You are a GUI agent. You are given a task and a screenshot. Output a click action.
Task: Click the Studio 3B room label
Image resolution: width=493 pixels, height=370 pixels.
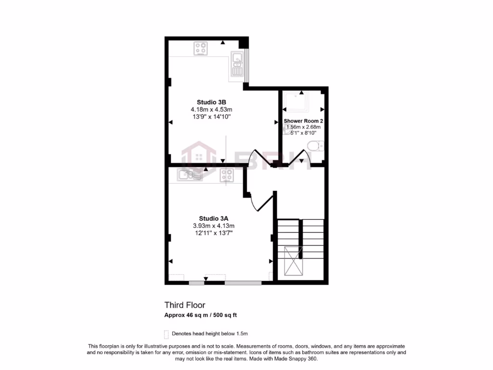tap(211, 102)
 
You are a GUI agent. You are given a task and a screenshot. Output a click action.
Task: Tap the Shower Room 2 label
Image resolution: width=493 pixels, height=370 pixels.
tap(303, 120)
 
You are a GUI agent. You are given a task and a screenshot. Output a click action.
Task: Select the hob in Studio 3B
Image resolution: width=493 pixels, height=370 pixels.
tap(201, 48)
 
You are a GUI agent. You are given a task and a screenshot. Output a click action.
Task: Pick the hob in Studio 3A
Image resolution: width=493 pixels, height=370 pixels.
tap(227, 175)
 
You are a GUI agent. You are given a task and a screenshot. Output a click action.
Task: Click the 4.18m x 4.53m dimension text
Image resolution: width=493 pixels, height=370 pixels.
tap(211, 109)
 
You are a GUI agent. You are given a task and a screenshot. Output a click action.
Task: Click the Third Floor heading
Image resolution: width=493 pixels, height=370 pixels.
tap(185, 305)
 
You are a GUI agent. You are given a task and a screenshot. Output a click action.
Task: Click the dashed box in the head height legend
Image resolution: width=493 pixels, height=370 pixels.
tap(167, 333)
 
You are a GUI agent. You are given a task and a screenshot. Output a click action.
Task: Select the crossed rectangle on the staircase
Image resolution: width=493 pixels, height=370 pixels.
tap(293, 261)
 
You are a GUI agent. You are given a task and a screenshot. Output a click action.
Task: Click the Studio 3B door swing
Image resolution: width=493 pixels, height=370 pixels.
tap(260, 157)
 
